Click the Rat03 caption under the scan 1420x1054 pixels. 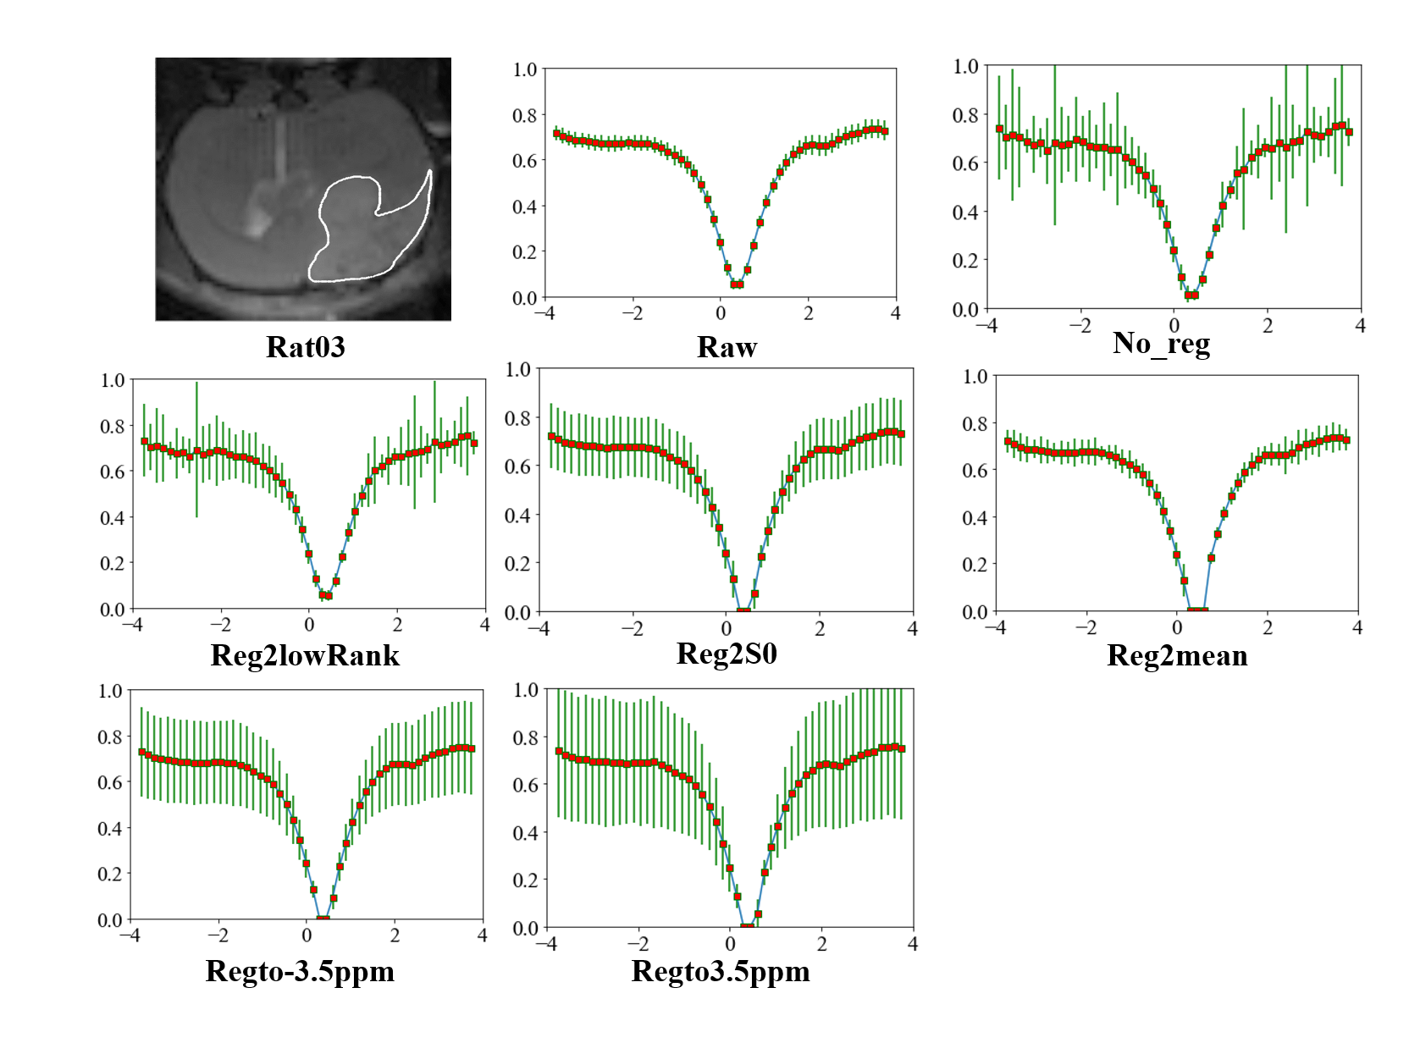tap(306, 347)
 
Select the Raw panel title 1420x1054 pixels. tap(727, 347)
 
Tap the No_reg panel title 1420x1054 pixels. tap(1161, 343)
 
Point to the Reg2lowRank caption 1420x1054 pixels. tap(305, 655)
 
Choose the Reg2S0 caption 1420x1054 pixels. tap(727, 654)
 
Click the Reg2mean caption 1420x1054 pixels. tap(1177, 655)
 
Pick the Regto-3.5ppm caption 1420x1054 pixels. tap(300, 970)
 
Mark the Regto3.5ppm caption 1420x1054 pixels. tap(721, 970)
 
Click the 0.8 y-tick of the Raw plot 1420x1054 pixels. tap(525, 115)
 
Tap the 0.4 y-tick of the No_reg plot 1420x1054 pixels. tap(965, 212)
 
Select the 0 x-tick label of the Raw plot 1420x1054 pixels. tap(721, 313)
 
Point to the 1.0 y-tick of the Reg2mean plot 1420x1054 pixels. tap(975, 376)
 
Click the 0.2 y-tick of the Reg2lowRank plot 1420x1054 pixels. tap(113, 563)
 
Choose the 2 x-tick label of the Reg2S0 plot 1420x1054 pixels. tap(820, 629)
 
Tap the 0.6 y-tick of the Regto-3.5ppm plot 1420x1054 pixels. tap(110, 782)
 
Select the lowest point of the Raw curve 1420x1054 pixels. tap(737, 284)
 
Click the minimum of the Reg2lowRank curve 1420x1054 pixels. tap(325, 595)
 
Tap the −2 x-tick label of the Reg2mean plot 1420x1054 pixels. tap(1086, 628)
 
